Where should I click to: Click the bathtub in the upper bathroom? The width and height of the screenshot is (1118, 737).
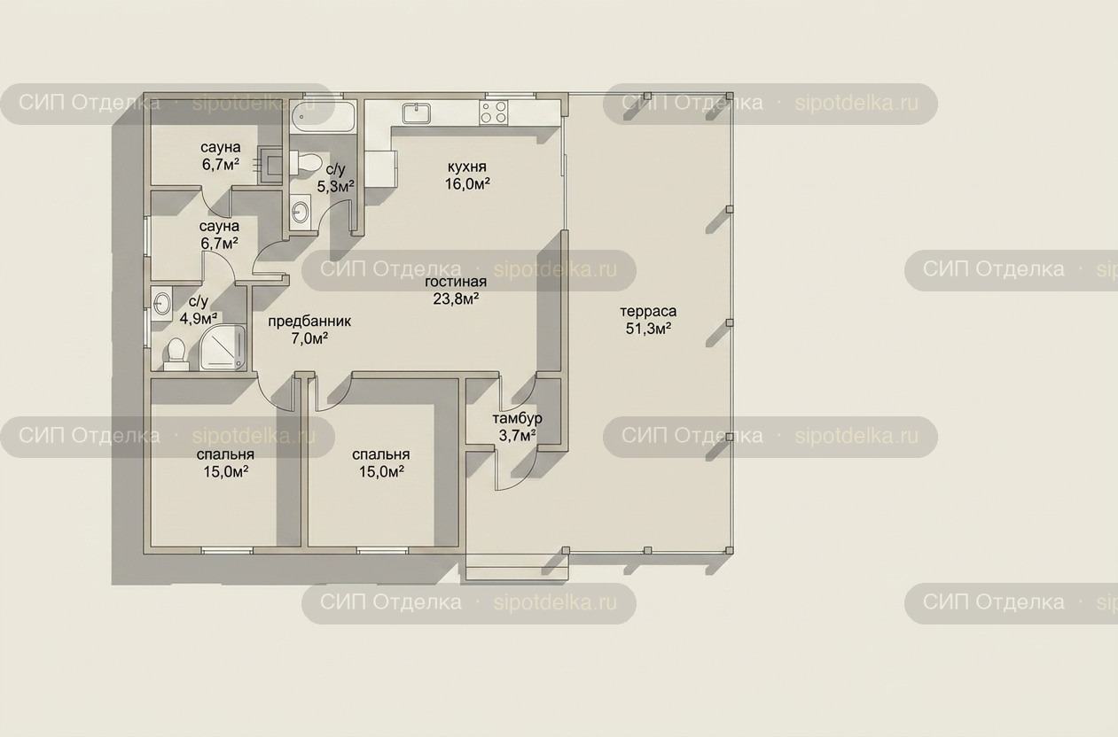pos(323,117)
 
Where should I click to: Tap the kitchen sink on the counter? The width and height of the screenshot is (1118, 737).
pos(417,112)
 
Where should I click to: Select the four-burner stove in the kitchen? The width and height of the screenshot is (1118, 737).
pos(494,112)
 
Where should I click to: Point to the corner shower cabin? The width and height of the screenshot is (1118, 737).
pos(223,348)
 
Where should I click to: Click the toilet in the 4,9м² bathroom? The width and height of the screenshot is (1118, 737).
pos(176,354)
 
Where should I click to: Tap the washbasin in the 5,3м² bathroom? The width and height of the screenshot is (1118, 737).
pos(301,212)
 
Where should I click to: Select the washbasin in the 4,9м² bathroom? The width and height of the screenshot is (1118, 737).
pos(161,304)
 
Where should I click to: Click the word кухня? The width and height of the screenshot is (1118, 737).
pos(467,167)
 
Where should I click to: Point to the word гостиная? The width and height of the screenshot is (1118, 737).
pos(456,282)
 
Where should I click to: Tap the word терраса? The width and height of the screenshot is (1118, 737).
pos(648,311)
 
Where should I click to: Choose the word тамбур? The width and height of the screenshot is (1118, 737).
pos(517,418)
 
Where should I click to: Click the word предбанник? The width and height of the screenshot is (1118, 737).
pos(309,322)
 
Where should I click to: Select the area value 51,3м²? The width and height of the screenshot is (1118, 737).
pos(648,329)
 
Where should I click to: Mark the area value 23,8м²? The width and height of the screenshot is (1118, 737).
pos(457,299)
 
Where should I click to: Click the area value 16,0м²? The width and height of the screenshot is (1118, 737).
pos(467,184)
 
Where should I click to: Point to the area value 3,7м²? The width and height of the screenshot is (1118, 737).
pos(518,436)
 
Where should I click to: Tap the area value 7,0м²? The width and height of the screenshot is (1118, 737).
pos(309,338)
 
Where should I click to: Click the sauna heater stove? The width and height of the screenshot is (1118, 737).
pos(270,165)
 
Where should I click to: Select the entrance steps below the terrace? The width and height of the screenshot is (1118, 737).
pos(518,567)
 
